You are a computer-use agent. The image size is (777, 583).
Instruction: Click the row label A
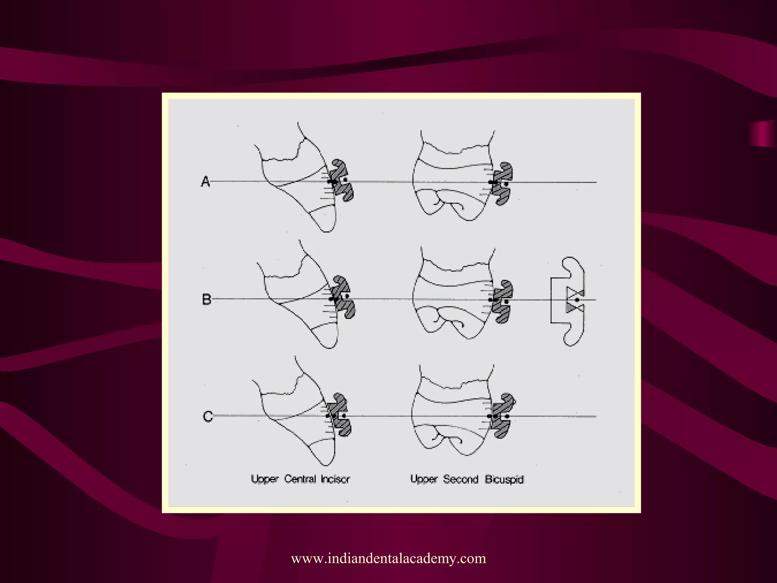coord(205,181)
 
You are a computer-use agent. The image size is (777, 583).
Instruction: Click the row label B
coord(206,299)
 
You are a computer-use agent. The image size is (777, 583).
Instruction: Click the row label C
coord(208,416)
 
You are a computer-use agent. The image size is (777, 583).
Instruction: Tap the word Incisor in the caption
coord(335,479)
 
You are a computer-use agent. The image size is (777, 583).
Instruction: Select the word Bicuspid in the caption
coord(504,479)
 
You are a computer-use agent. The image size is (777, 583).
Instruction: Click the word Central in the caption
coord(300,479)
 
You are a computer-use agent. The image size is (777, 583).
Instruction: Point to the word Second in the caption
coord(461,479)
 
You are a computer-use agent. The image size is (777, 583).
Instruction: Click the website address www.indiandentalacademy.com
coord(388,558)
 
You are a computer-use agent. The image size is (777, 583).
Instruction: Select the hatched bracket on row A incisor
coord(343,180)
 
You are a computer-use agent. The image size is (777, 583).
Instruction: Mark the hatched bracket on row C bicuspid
coord(504,416)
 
